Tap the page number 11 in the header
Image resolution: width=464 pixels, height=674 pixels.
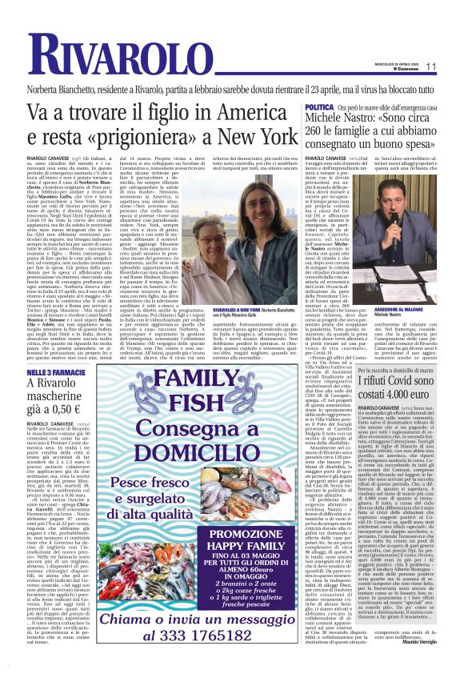point(453,66)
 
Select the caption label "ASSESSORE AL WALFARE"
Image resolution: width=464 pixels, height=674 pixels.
point(417,287)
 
